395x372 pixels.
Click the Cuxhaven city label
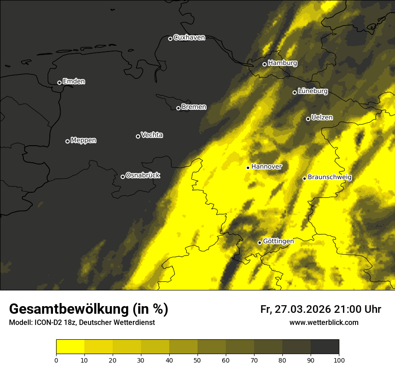(x=189, y=38)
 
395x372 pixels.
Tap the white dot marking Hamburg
(x=264, y=64)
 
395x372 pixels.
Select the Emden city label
(x=74, y=82)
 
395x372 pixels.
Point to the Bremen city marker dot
(x=178, y=108)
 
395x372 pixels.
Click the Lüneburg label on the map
(x=313, y=91)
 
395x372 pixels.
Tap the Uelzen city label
(x=322, y=118)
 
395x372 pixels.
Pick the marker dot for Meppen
(x=67, y=141)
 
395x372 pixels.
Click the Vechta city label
(x=152, y=135)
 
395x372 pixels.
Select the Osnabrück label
(x=143, y=176)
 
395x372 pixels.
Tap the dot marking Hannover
(x=248, y=168)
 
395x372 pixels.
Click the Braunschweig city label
(x=329, y=177)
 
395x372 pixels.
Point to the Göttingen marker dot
(x=259, y=242)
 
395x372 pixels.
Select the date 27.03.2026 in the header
(x=302, y=309)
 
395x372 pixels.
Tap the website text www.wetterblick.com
(x=324, y=323)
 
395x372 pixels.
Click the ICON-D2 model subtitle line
(x=82, y=323)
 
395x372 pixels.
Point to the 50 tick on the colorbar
(x=197, y=360)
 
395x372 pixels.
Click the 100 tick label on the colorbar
(x=339, y=360)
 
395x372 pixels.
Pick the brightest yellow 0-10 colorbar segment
(x=70, y=347)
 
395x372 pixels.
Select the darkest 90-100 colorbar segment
(x=325, y=347)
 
